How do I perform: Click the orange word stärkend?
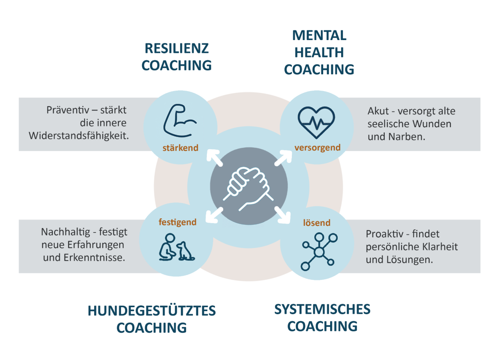pos(181,148)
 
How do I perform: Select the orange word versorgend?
pos(317,147)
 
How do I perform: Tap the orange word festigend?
pos(177,222)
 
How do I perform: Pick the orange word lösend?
pos(317,223)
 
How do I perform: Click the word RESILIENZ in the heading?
pos(177,48)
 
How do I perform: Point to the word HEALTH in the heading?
pos(319,52)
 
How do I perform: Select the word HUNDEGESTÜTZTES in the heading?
pos(152,311)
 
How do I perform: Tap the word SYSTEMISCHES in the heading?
pos(322,309)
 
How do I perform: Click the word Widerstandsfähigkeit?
pos(79,136)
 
